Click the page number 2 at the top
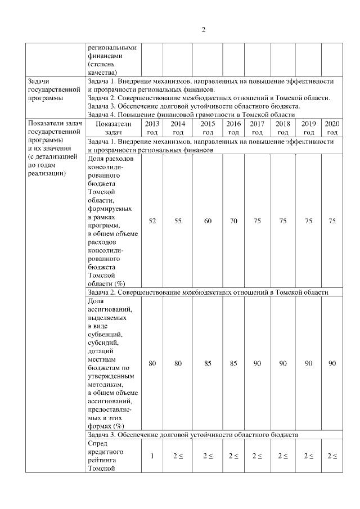pos(203,30)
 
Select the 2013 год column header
pos(152,128)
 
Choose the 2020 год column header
pos(332,128)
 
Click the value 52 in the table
pos(152,221)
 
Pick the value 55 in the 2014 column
pos(178,221)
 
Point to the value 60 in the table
pos(208,221)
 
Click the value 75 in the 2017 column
pos(257,221)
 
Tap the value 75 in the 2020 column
pos(332,221)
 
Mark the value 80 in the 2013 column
pos(152,364)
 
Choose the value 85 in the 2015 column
pos(208,364)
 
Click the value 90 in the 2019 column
pos(308,364)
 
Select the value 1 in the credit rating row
pos(152,456)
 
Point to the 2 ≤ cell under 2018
pos(283,456)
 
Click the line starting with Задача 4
pos(191,114)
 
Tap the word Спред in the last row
pos(98,443)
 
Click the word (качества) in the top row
pos(102,72)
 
